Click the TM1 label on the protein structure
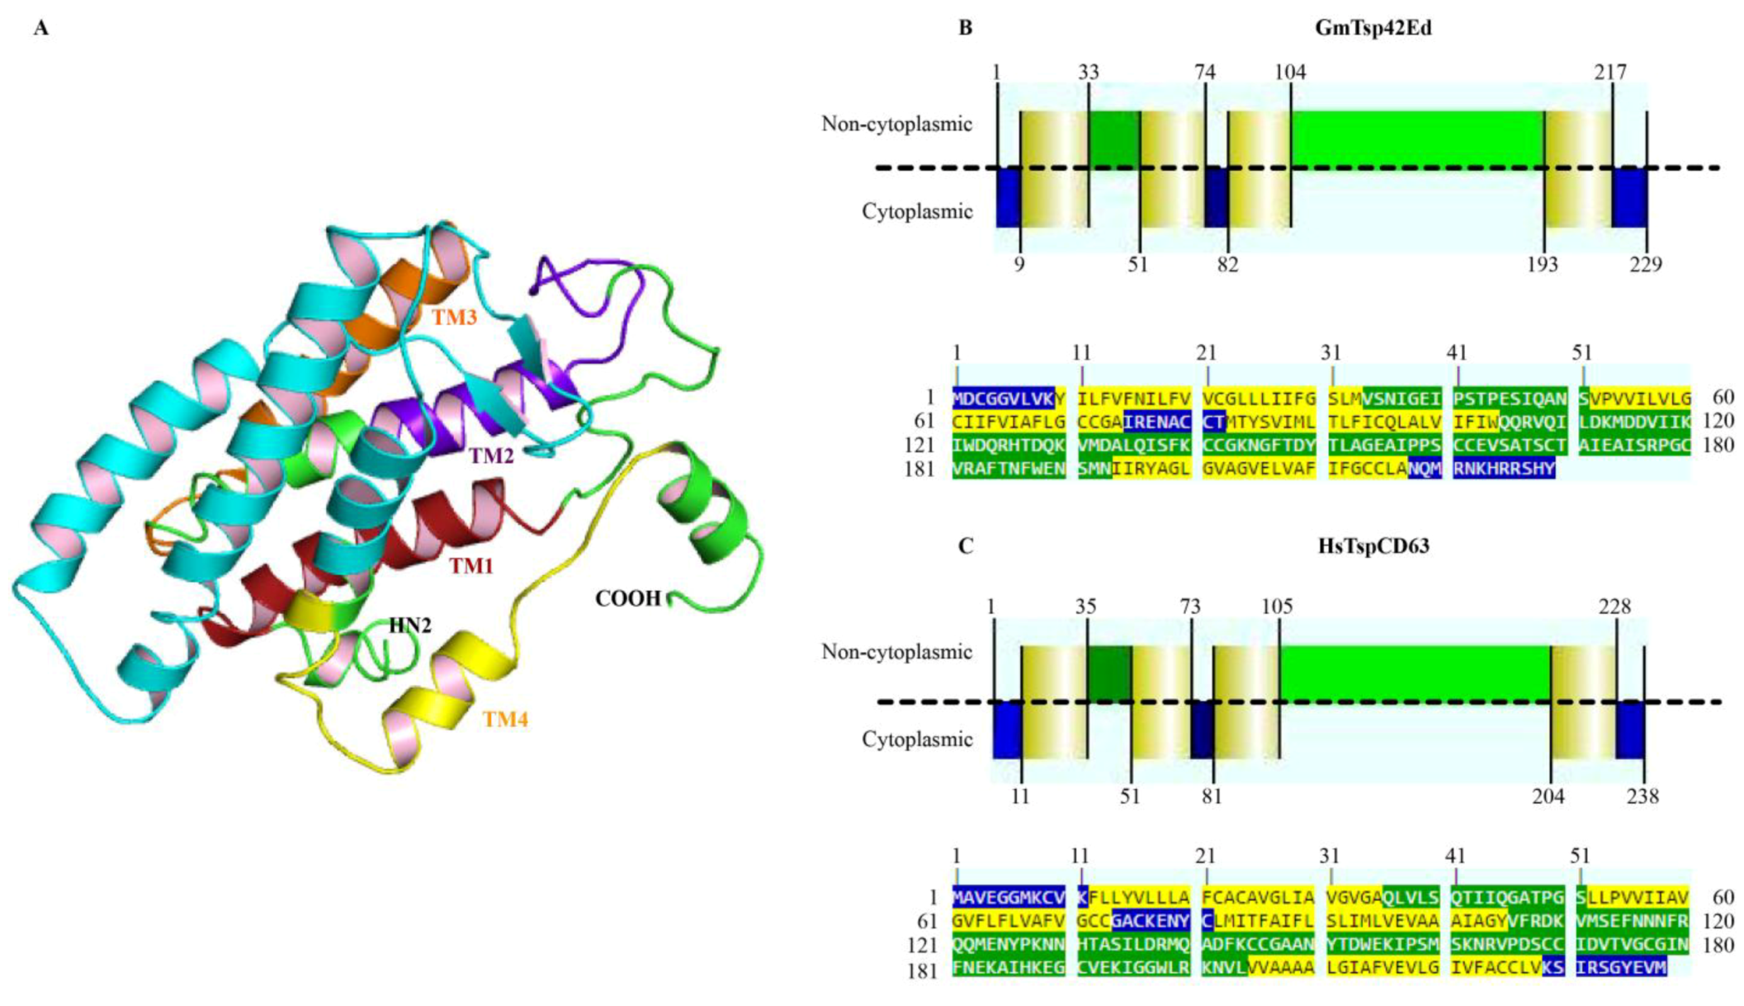pyautogui.click(x=471, y=566)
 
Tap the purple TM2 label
pyautogui.click(x=492, y=456)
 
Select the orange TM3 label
pyautogui.click(x=454, y=318)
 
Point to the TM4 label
pyautogui.click(x=505, y=720)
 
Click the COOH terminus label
pyautogui.click(x=628, y=598)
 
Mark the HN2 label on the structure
pyautogui.click(x=410, y=626)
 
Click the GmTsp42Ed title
pyautogui.click(x=1373, y=28)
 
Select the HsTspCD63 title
pyautogui.click(x=1373, y=546)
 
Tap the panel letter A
pyautogui.click(x=41, y=29)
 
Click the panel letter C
pyautogui.click(x=965, y=546)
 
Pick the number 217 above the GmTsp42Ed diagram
pyautogui.click(x=1610, y=73)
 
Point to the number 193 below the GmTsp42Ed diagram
pyautogui.click(x=1542, y=264)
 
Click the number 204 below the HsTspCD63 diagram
pyautogui.click(x=1548, y=796)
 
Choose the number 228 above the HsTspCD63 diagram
pyautogui.click(x=1614, y=607)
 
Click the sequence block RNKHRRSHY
pyautogui.click(x=1504, y=469)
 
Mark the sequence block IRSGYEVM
pyautogui.click(x=1621, y=967)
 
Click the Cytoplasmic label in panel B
pyautogui.click(x=917, y=212)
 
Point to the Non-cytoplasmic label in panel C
pyautogui.click(x=896, y=652)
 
